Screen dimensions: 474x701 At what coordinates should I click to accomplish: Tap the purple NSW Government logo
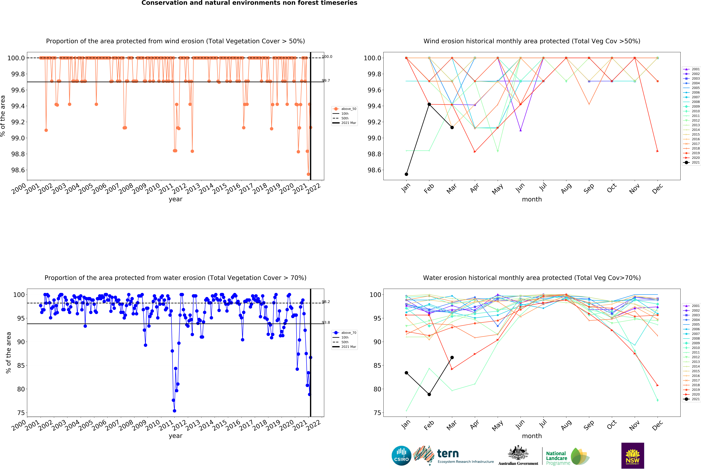click(633, 456)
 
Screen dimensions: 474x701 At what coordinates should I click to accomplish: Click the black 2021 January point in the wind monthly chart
click(406, 174)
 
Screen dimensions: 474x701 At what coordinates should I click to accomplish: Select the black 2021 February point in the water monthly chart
click(429, 394)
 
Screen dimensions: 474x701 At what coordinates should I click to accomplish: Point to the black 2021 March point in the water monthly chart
click(452, 358)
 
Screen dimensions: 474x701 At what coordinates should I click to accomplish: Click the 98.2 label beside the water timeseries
click(326, 302)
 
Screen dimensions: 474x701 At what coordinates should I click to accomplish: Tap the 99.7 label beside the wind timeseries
click(326, 81)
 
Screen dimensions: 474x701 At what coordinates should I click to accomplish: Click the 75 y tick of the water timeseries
click(21, 413)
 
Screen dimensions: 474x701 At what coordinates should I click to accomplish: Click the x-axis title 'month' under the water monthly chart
click(532, 436)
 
